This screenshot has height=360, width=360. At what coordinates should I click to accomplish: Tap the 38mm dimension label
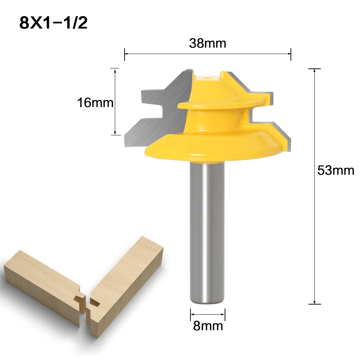pyautogui.click(x=208, y=43)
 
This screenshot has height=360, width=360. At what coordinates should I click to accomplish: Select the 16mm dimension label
pyautogui.click(x=95, y=103)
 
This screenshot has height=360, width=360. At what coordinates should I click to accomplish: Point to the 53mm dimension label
pyautogui.click(x=336, y=170)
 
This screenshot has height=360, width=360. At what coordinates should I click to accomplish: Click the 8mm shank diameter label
pyautogui.click(x=208, y=326)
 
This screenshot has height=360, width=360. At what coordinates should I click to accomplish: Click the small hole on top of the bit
pyautogui.click(x=208, y=77)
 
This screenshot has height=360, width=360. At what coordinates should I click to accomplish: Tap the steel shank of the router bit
pyautogui.click(x=208, y=230)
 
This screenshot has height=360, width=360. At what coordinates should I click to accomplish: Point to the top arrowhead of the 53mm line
pyautogui.click(x=315, y=71)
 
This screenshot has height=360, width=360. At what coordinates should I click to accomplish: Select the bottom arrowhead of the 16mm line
pyautogui.click(x=115, y=133)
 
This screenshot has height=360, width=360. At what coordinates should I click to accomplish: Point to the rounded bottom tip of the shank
pyautogui.click(x=208, y=302)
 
